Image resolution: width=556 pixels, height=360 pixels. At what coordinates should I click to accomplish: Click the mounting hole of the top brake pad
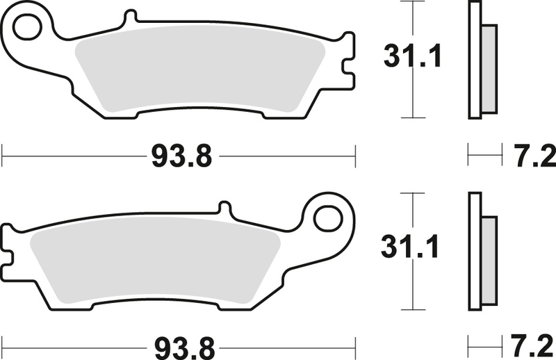[30, 29]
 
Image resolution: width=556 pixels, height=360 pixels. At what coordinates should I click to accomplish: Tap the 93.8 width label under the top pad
[180, 156]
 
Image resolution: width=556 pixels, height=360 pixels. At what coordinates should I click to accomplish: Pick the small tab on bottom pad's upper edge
[224, 208]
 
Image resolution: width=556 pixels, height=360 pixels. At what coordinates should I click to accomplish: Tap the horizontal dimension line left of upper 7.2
[484, 154]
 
